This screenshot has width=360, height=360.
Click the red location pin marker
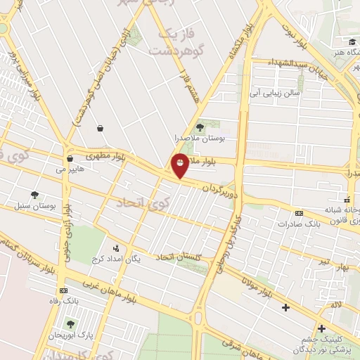tap(181, 165)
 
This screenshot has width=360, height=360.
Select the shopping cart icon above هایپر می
tap(69, 159)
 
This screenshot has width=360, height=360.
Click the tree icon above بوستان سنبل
tap(34, 195)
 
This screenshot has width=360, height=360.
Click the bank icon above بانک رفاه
tap(64, 290)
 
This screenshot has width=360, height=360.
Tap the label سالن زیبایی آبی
tap(276, 92)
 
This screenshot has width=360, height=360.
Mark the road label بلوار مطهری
tap(105, 155)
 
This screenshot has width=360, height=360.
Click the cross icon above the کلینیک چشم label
tap(321, 328)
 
